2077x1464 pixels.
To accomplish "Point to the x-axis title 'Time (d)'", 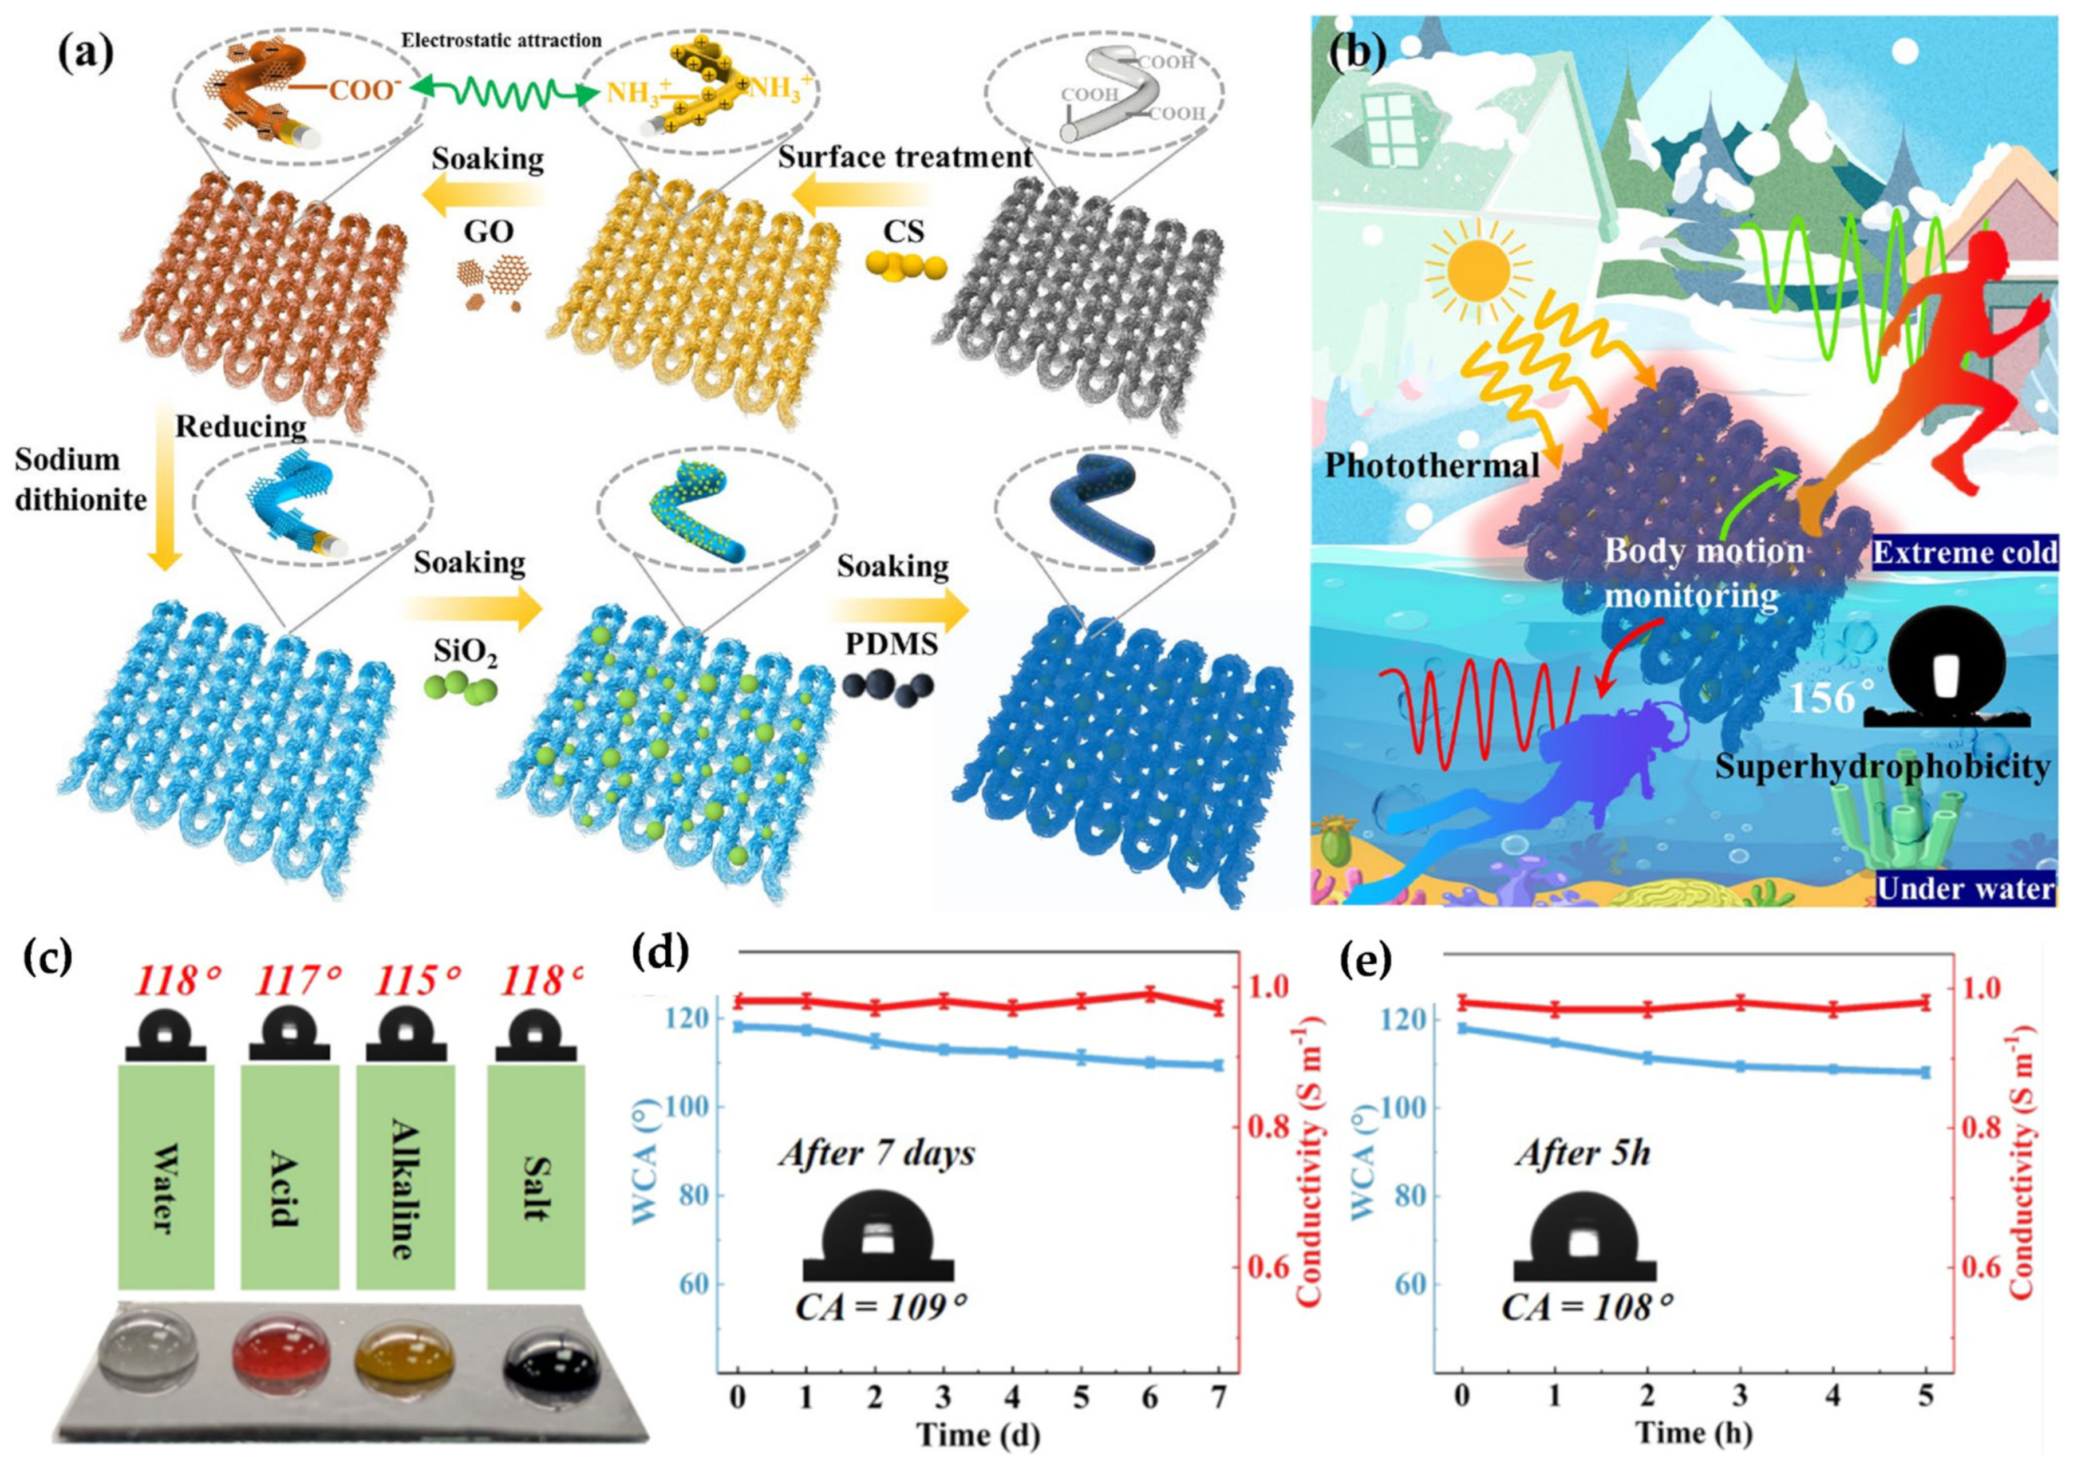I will tap(977, 1435).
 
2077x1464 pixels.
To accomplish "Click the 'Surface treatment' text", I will tap(904, 157).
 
